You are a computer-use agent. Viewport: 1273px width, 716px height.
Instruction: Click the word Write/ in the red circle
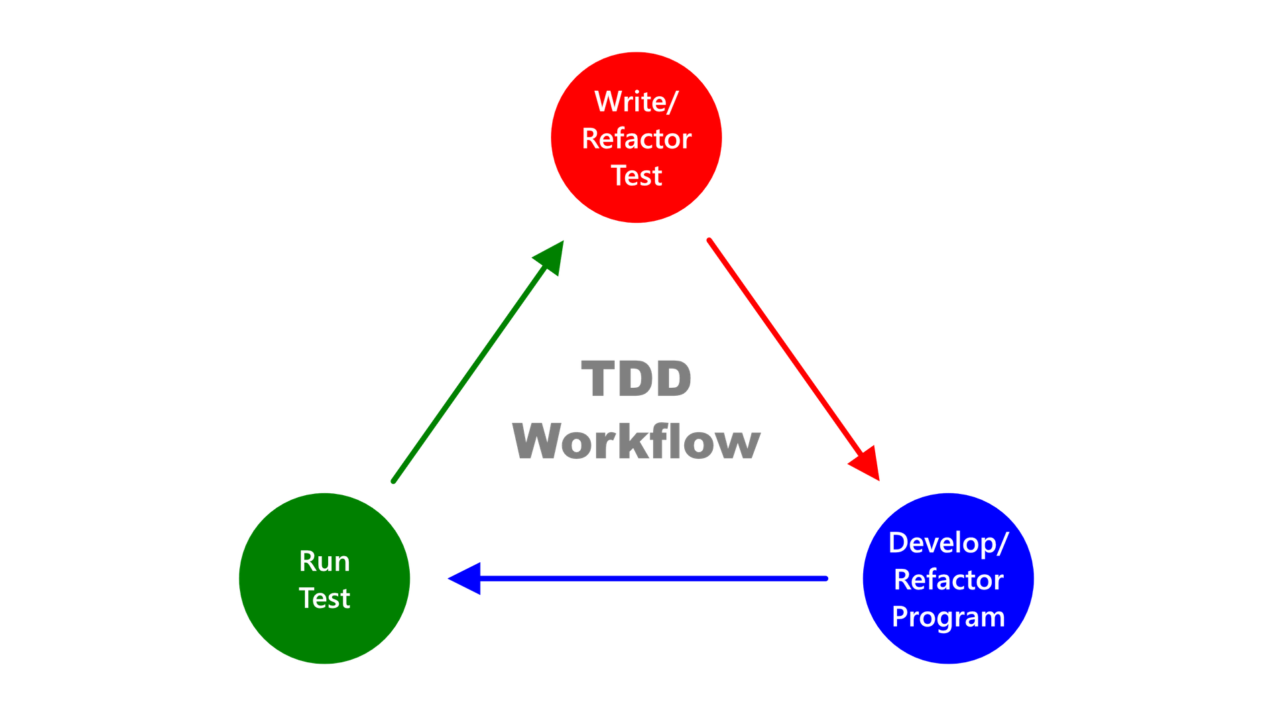point(636,102)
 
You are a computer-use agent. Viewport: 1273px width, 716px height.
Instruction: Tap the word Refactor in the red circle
point(636,139)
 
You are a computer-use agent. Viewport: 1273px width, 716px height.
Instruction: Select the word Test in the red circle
point(636,176)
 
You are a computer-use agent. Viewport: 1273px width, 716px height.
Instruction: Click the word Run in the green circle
point(324,562)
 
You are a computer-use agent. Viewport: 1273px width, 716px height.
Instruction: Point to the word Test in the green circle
point(324,599)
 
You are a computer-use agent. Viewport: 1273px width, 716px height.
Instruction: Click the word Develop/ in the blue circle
point(948,543)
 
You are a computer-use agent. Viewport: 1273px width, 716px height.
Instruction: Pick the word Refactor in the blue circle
point(948,580)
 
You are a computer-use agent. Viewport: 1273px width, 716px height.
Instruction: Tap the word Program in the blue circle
point(948,617)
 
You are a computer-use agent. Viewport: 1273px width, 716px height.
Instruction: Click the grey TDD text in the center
point(636,379)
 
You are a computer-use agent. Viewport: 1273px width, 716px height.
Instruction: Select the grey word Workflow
point(636,441)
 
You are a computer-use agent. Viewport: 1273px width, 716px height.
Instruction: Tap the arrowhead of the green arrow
point(552,256)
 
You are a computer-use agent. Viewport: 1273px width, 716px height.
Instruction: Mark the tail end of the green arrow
point(393,481)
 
